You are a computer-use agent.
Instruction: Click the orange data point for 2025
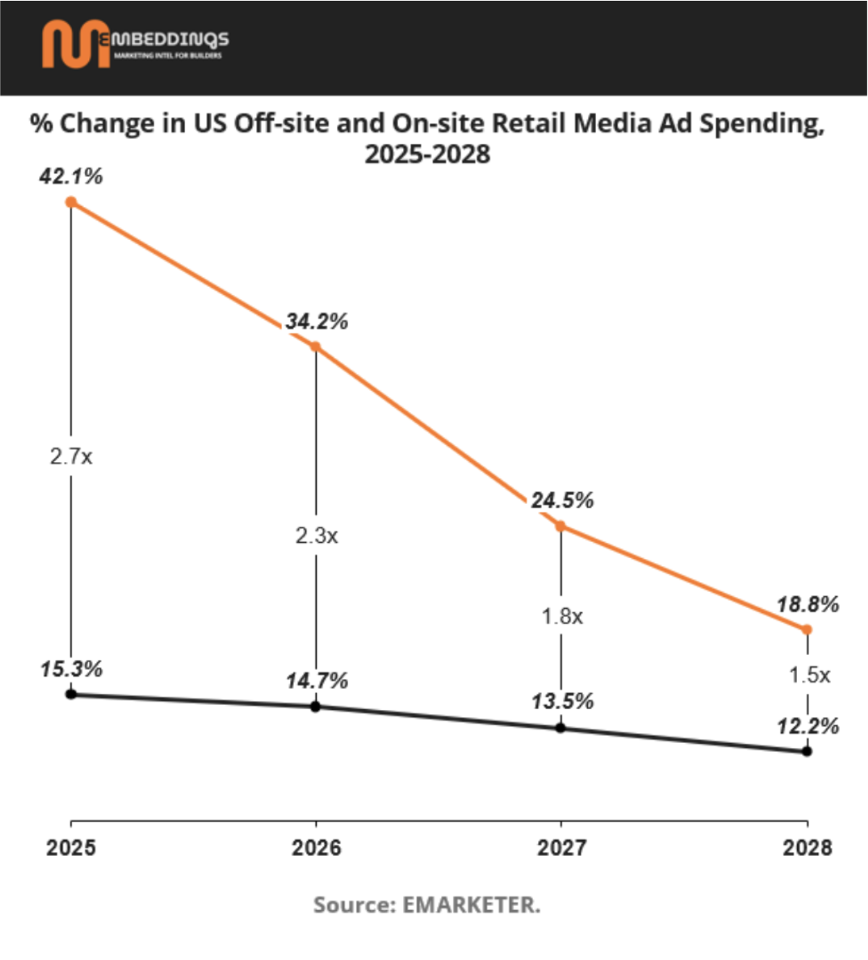click(71, 202)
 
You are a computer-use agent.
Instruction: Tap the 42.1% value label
click(71, 176)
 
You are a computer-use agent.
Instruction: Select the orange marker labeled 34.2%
click(315, 347)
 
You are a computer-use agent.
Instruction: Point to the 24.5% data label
click(562, 500)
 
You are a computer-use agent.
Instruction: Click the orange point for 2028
click(807, 630)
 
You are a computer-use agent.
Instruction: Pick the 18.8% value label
click(807, 604)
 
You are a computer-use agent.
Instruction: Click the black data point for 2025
click(71, 694)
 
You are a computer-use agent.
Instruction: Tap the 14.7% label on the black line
click(316, 680)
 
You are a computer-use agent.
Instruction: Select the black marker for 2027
click(561, 728)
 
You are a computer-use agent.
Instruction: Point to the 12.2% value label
click(807, 726)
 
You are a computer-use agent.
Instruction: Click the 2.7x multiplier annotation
click(71, 457)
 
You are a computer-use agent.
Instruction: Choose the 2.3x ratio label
click(316, 536)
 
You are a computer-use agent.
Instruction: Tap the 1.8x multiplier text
click(562, 617)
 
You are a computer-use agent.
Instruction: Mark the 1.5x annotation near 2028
click(809, 675)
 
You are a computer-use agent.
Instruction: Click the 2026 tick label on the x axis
click(316, 847)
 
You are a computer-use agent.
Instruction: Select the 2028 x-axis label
click(807, 847)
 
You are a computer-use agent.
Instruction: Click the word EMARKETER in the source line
click(471, 905)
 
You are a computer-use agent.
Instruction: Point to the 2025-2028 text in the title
click(427, 154)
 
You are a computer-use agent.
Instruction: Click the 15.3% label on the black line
click(71, 669)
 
